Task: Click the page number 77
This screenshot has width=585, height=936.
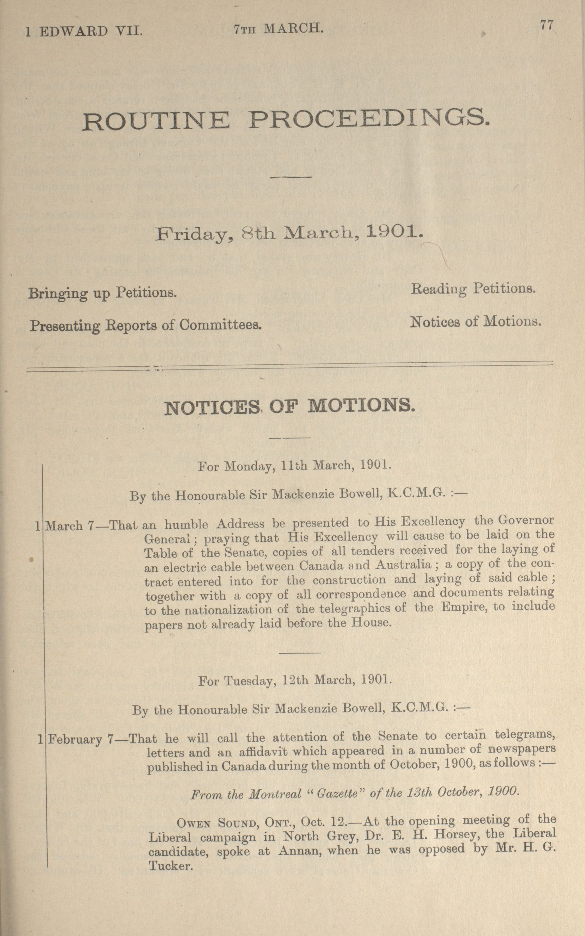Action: tap(547, 25)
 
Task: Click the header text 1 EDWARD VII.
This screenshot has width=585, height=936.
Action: tap(84, 31)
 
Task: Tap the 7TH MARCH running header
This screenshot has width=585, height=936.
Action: tap(279, 28)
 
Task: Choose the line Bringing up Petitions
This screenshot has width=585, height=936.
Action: tap(103, 293)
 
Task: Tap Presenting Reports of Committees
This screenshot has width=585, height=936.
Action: tap(146, 325)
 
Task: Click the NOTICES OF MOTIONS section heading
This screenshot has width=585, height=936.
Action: tap(289, 407)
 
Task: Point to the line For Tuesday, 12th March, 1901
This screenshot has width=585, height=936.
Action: tap(295, 680)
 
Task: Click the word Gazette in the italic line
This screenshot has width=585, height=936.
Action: tap(337, 793)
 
